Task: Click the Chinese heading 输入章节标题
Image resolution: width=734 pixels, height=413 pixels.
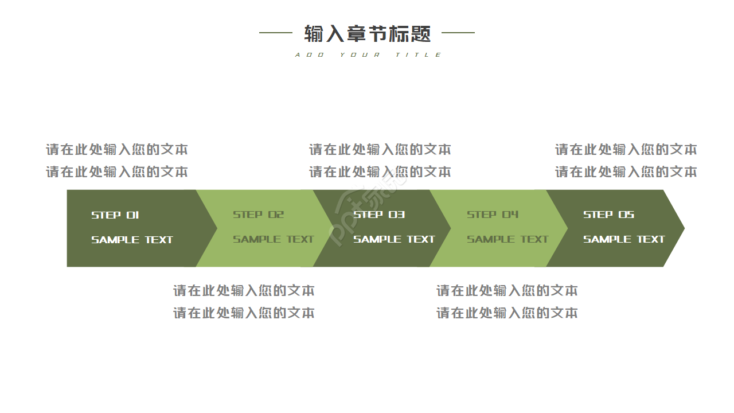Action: pos(368,33)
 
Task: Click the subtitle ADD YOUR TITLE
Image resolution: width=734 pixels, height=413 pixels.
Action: pos(368,54)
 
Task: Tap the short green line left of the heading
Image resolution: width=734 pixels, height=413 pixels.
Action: pos(276,33)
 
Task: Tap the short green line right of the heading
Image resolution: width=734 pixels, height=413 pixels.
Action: pos(458,33)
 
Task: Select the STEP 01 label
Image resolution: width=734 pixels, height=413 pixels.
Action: pos(115,215)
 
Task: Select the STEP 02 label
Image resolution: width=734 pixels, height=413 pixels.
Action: pos(258,215)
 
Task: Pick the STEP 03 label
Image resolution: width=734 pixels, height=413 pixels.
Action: pos(379,215)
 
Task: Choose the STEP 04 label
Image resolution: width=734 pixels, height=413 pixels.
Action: pos(493,215)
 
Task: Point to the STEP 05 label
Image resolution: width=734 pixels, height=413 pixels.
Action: pos(608,215)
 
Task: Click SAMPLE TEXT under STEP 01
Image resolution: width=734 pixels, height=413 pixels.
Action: pos(132,240)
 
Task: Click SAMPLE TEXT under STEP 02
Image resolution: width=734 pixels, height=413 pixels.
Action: pos(274,239)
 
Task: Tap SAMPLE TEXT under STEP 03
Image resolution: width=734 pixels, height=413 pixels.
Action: pos(394,239)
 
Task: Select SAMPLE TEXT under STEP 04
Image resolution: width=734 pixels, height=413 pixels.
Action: pos(507,239)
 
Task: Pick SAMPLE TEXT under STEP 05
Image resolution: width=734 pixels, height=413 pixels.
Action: pos(624,239)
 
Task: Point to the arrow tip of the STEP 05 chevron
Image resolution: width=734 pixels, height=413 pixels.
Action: pos(684,228)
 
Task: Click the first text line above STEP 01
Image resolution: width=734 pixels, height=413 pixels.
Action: pos(117,150)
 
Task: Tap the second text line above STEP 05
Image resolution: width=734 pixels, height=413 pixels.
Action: pos(626,172)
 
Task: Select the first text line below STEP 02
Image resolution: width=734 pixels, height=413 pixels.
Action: pos(244,291)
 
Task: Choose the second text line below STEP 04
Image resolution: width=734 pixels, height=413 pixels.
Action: pos(507,313)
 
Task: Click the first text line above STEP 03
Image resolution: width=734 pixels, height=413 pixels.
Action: pos(380,150)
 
